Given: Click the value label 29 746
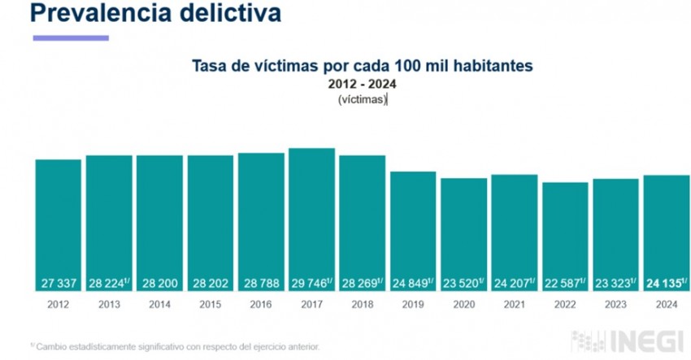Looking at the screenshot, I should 310,284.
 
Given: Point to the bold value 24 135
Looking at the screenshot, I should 663,284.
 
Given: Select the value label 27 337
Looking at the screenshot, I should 58,284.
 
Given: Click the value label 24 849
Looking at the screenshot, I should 411,284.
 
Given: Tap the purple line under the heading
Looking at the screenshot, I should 70,37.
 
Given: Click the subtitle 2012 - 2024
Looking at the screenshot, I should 362,84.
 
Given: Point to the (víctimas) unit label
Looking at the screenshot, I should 362,99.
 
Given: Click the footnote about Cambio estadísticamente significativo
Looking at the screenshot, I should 176,345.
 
